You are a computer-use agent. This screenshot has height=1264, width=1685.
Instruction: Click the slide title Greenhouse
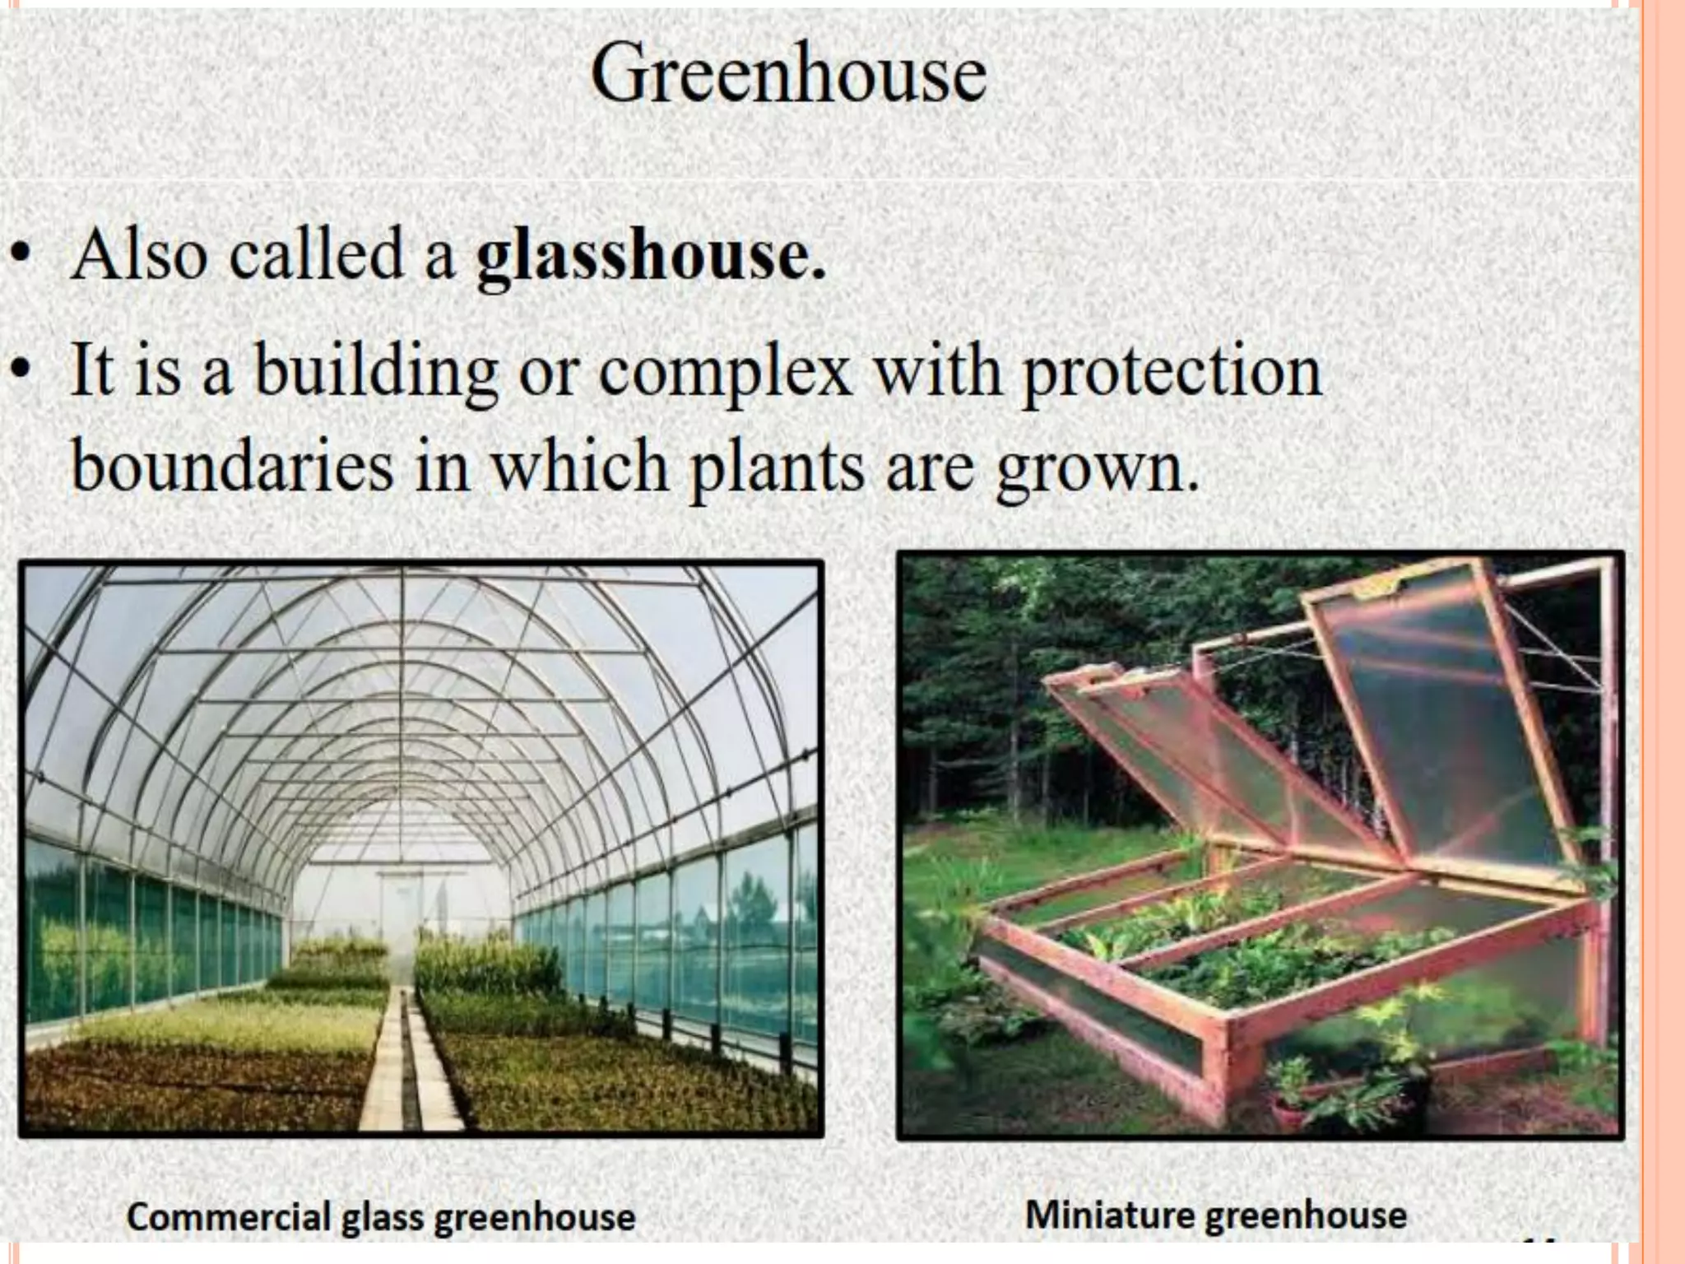pos(788,75)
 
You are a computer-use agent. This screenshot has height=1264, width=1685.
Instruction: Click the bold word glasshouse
pos(650,256)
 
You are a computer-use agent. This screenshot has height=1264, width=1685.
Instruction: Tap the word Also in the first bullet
pos(139,254)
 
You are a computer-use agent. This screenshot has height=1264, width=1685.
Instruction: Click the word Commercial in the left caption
pos(228,1217)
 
